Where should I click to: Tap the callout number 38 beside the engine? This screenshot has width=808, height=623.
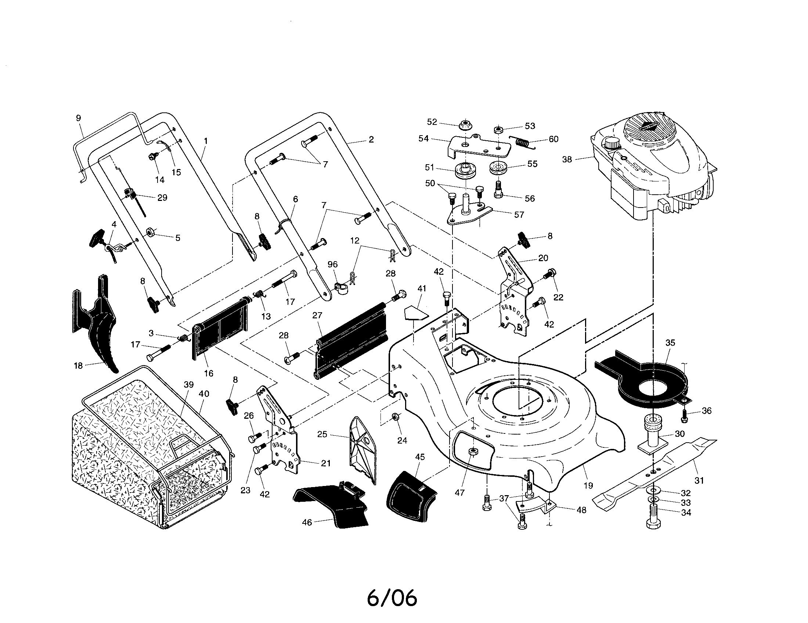(567, 159)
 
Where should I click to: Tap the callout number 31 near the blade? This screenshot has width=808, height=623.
(699, 480)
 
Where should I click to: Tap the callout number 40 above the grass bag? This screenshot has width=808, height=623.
(204, 394)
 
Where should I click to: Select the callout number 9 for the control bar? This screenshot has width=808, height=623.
(79, 118)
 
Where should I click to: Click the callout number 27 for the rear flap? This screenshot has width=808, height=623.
(317, 316)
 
